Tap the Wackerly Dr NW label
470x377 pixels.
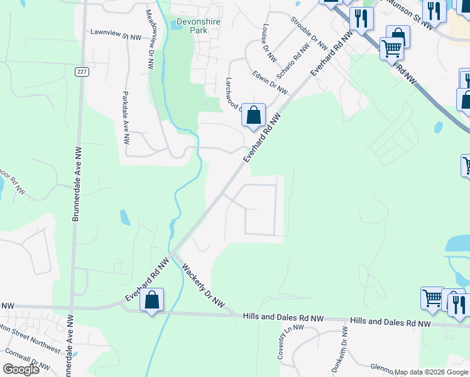[x=203, y=285]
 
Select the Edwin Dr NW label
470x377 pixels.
[x=270, y=85]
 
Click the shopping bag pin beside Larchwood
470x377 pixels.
[x=253, y=115]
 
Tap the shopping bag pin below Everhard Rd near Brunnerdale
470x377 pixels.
[x=152, y=300]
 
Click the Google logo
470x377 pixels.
[x=21, y=369]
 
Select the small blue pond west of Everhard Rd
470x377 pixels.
[x=125, y=217]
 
